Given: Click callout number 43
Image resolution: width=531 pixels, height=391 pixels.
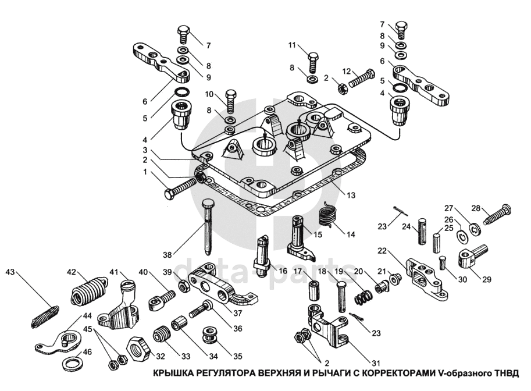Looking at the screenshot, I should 10,272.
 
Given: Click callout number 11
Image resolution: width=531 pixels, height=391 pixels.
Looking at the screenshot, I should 291,44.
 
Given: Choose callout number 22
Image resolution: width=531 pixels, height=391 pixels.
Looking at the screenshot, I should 382,251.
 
